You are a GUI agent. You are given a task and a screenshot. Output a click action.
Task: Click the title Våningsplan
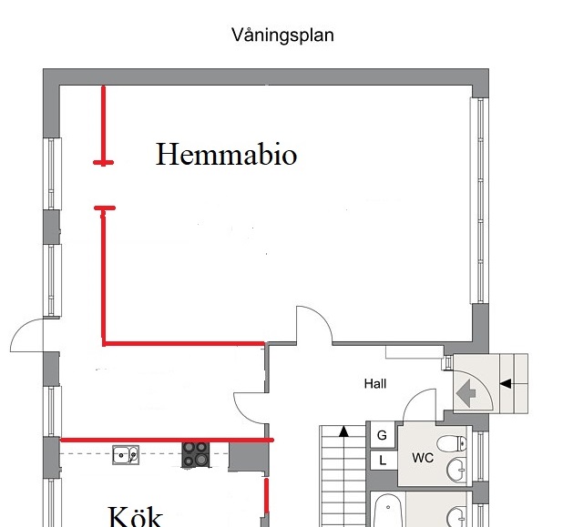tap(282, 35)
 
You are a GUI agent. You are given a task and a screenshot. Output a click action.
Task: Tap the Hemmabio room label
tap(226, 154)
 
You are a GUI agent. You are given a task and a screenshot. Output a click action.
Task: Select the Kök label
tap(136, 516)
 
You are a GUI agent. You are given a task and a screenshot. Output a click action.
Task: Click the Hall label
tap(375, 383)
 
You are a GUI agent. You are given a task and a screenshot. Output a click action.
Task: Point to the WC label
tap(423, 458)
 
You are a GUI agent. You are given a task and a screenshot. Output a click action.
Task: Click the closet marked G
tap(383, 435)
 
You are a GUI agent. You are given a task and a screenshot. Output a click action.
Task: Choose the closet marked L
tap(384, 460)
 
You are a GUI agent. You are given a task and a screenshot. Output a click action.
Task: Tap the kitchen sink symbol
tap(126, 455)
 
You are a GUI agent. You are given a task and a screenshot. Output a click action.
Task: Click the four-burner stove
tap(195, 454)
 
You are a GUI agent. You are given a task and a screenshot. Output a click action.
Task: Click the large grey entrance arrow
tap(466, 393)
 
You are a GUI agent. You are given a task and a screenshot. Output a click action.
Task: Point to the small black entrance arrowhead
tap(506, 383)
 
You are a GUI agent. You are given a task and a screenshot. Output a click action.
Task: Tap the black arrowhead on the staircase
tap(344, 431)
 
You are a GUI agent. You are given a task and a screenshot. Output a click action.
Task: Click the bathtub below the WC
tap(388, 511)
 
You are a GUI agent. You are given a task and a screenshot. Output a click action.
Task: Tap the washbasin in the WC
tap(456, 470)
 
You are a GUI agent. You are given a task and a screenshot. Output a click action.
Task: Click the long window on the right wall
tap(479, 201)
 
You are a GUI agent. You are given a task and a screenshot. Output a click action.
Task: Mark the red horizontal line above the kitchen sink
tap(167, 440)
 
